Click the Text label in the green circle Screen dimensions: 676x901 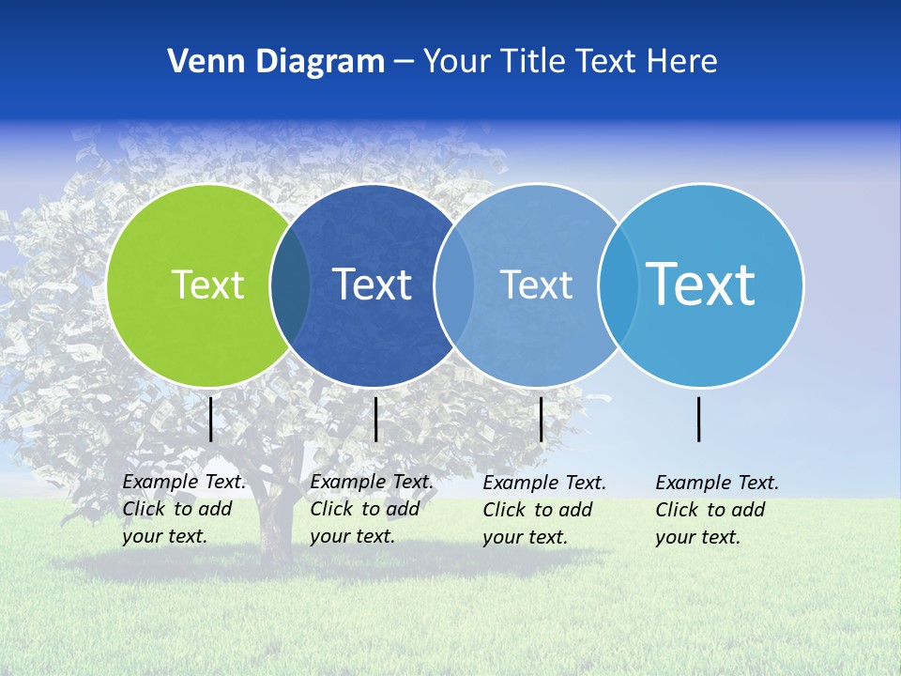click(x=207, y=284)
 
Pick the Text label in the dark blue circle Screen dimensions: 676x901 click(x=372, y=284)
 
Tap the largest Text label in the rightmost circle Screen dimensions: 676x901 click(x=700, y=284)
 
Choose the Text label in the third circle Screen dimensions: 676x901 click(x=536, y=284)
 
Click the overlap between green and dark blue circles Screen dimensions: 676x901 click(x=290, y=284)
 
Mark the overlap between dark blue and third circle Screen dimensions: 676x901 click(x=454, y=284)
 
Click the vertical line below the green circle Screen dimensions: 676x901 click(x=211, y=419)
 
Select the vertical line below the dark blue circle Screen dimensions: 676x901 click(x=375, y=419)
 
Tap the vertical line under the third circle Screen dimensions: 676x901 click(x=542, y=419)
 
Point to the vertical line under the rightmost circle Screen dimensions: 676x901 click(x=699, y=419)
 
